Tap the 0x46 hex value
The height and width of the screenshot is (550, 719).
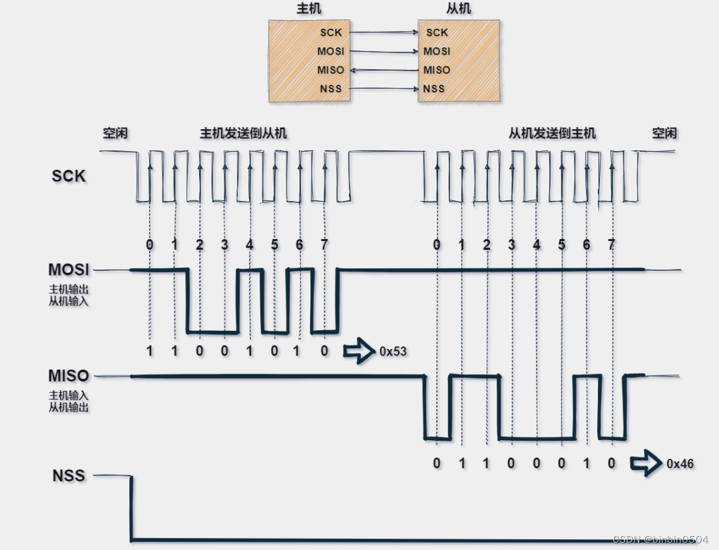click(680, 463)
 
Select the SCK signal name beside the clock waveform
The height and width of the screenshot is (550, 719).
click(69, 176)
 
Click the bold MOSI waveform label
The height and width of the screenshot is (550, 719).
click(69, 270)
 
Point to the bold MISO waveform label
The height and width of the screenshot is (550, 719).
click(69, 376)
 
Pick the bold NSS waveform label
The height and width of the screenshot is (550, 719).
click(69, 476)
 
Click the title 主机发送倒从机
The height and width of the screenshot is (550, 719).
click(244, 133)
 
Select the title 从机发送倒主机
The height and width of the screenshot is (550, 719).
click(552, 133)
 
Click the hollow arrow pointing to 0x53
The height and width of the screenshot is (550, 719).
click(359, 352)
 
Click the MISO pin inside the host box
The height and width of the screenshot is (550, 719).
click(332, 70)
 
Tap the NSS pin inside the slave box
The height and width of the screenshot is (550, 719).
click(434, 89)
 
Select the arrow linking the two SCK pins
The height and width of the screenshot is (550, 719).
click(384, 32)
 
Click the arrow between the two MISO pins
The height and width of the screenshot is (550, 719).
click(384, 70)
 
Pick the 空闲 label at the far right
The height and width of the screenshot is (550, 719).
click(664, 133)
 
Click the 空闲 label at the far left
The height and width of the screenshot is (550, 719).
click(115, 133)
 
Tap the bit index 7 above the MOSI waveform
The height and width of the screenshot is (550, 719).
click(324, 245)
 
